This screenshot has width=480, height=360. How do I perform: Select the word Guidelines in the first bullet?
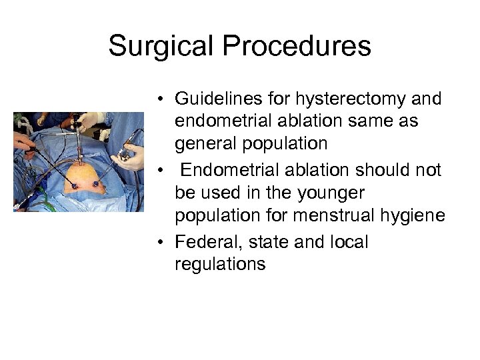(x=212, y=99)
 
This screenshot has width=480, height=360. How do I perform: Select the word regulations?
(x=219, y=263)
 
